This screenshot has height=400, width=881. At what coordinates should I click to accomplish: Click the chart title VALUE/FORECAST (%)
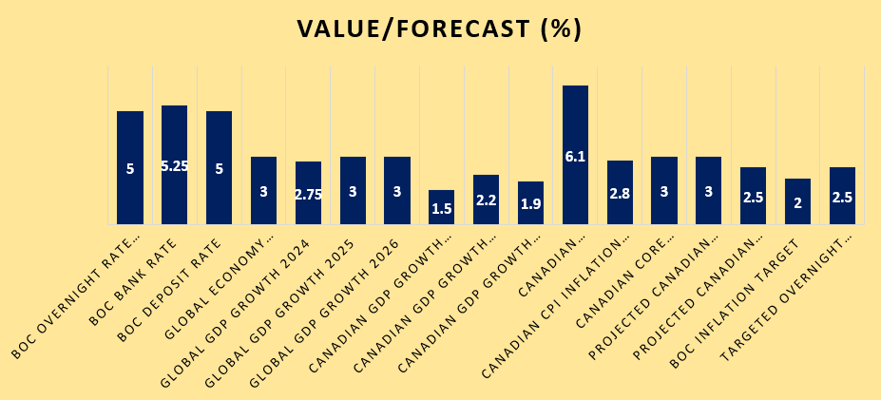coord(439,29)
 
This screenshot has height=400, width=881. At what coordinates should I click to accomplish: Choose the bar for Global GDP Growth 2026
coord(396,171)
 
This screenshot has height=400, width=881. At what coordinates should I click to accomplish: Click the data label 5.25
coord(174,166)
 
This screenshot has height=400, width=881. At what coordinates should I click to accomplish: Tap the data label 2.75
coord(308,193)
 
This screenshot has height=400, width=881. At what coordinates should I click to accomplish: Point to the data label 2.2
coord(486,200)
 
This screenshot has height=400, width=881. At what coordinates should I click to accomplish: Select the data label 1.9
coord(530,204)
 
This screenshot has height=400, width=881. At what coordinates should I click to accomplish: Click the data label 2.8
coord(620,193)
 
